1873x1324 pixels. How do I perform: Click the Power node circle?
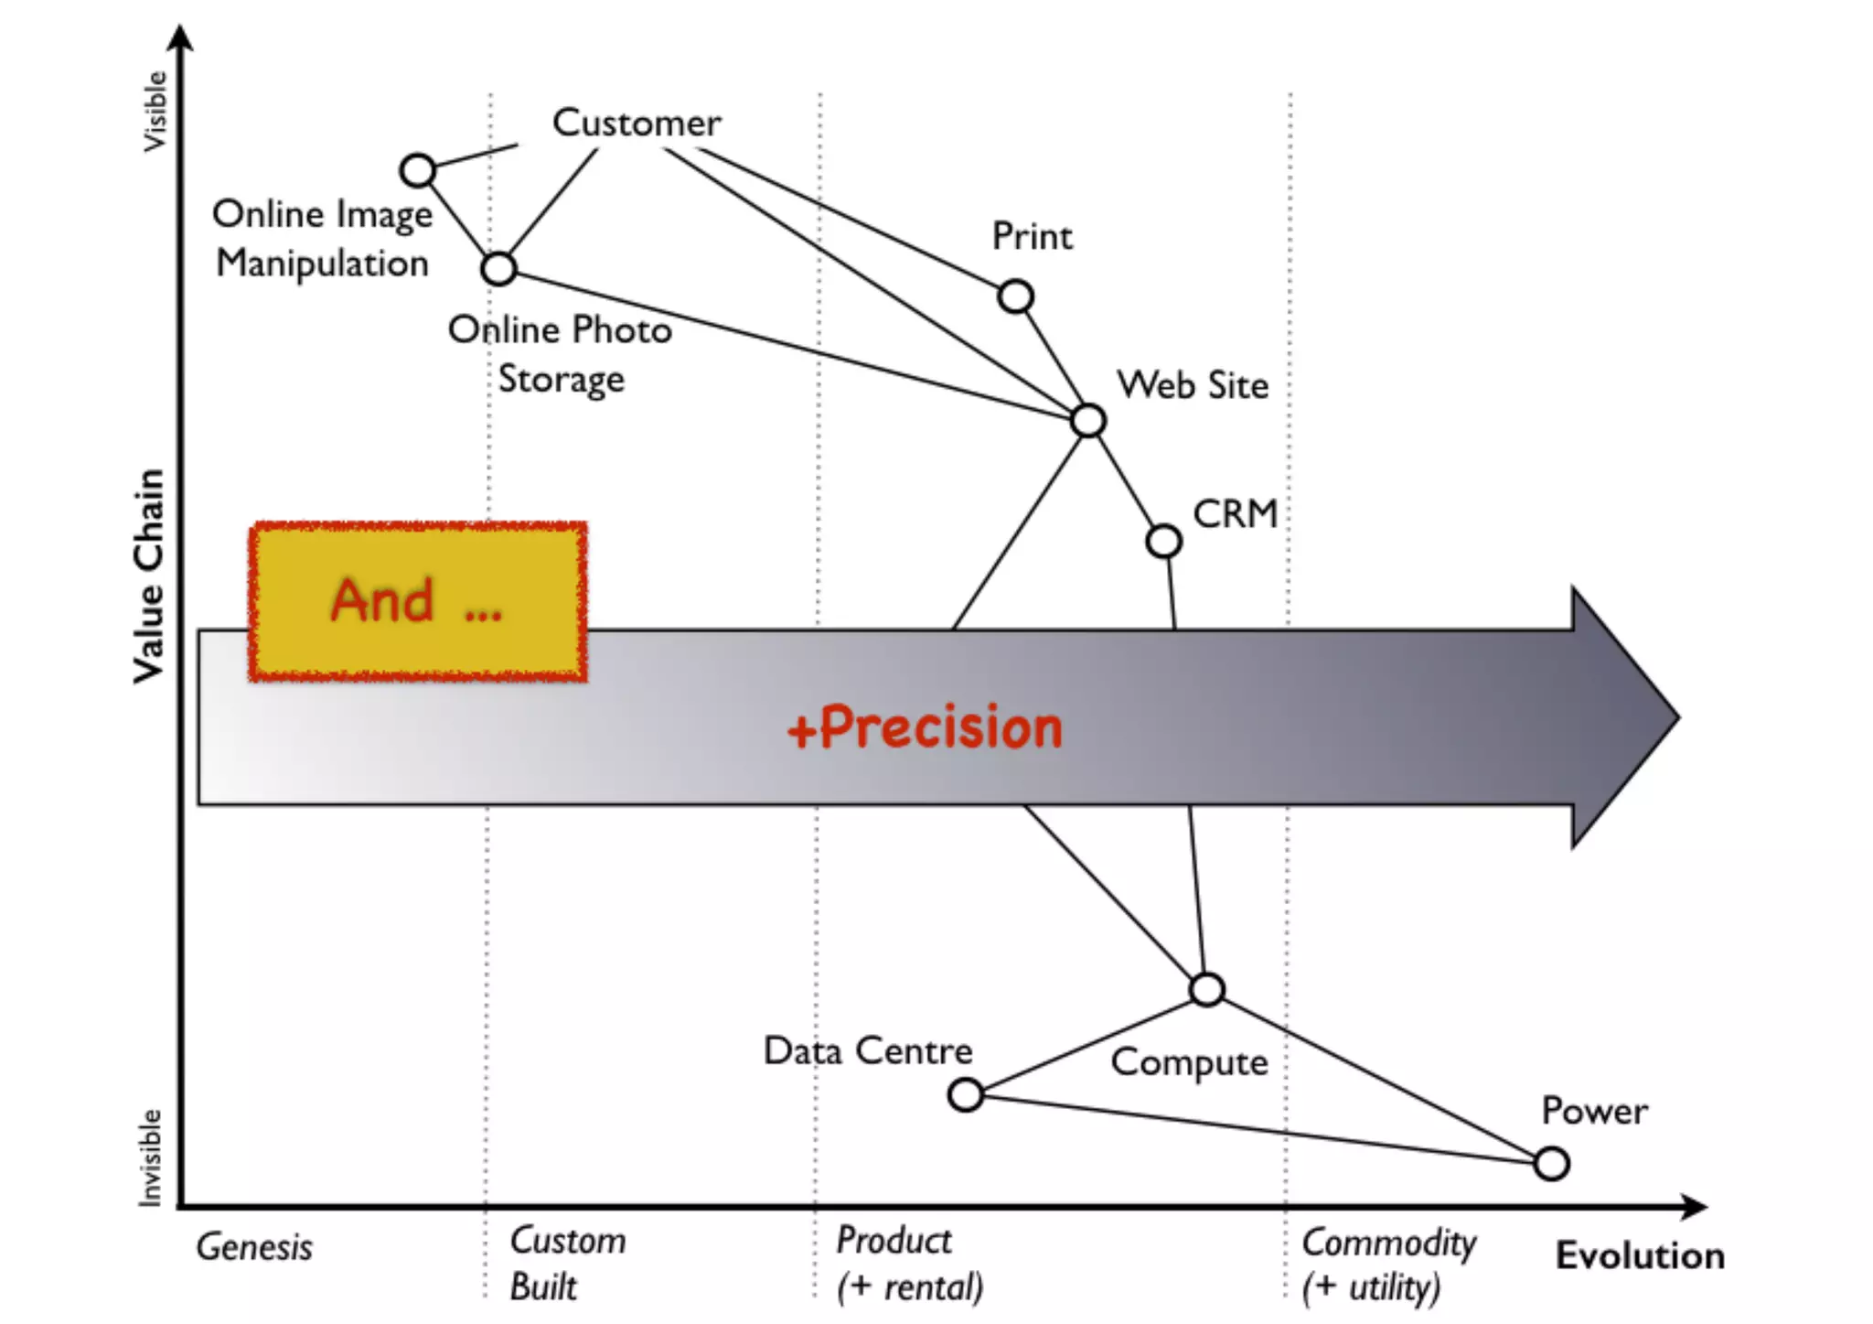(1551, 1164)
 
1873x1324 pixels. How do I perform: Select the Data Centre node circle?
(966, 1094)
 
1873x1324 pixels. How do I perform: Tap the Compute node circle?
(1207, 989)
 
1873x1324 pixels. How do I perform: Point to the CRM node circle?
(1163, 541)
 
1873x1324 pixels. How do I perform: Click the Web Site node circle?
(1088, 421)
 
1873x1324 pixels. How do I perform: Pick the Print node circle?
(1015, 296)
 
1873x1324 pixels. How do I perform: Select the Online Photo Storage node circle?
(498, 269)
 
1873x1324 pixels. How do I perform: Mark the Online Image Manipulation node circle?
(418, 170)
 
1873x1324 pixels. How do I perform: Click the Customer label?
(637, 123)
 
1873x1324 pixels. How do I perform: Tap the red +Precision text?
(926, 728)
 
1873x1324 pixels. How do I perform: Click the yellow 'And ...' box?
(418, 601)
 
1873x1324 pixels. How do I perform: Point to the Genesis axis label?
(254, 1247)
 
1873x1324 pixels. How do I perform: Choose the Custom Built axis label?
(567, 1264)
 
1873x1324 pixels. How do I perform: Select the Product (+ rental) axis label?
(909, 1264)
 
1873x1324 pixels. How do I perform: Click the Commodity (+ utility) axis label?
(1388, 1265)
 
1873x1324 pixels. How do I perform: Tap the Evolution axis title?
(1640, 1255)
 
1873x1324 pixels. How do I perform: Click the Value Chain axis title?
(149, 576)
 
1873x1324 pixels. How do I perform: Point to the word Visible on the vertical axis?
(155, 112)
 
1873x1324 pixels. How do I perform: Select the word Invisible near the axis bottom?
(150, 1157)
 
